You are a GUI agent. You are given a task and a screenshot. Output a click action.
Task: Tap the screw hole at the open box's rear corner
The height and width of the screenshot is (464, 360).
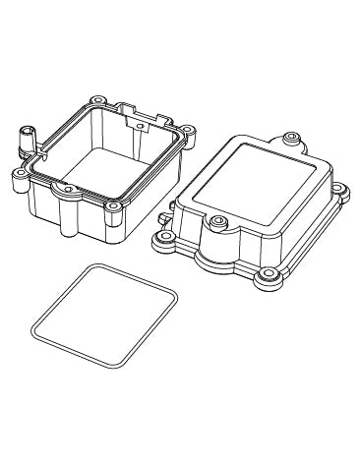[x=98, y=100]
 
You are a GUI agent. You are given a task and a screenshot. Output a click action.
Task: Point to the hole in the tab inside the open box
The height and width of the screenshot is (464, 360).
[x=139, y=126]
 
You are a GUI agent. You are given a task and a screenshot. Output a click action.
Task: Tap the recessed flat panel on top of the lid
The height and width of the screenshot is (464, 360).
[x=256, y=193]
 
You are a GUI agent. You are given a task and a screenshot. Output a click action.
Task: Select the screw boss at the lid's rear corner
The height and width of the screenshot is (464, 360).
[x=292, y=137]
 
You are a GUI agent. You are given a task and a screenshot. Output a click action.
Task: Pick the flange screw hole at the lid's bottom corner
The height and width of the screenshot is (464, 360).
[x=265, y=278]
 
